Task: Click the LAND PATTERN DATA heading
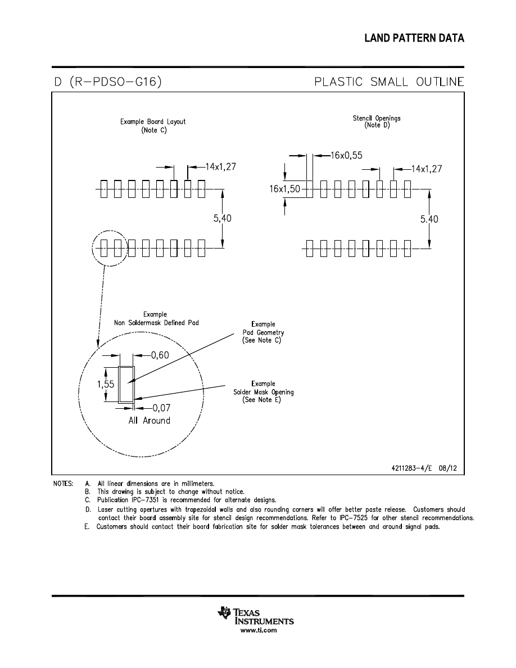click(x=414, y=38)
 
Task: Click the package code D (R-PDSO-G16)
click(x=108, y=82)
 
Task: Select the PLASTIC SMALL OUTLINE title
click(x=389, y=82)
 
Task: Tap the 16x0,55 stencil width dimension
click(x=347, y=156)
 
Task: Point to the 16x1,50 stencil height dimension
click(x=285, y=189)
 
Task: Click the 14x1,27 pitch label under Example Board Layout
click(x=220, y=166)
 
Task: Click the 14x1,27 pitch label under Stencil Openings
click(x=427, y=169)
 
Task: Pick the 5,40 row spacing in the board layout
click(x=222, y=218)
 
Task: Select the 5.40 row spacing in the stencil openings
click(x=429, y=219)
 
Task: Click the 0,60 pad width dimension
click(x=160, y=355)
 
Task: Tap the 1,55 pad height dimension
click(x=106, y=384)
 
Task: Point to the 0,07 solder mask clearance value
click(x=161, y=408)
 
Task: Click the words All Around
click(x=150, y=421)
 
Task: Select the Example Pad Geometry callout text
click(x=263, y=332)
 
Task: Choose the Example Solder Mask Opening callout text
click(x=263, y=392)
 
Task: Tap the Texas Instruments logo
click(x=255, y=616)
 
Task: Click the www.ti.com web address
click(x=259, y=630)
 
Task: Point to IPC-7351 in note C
click(x=143, y=500)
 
